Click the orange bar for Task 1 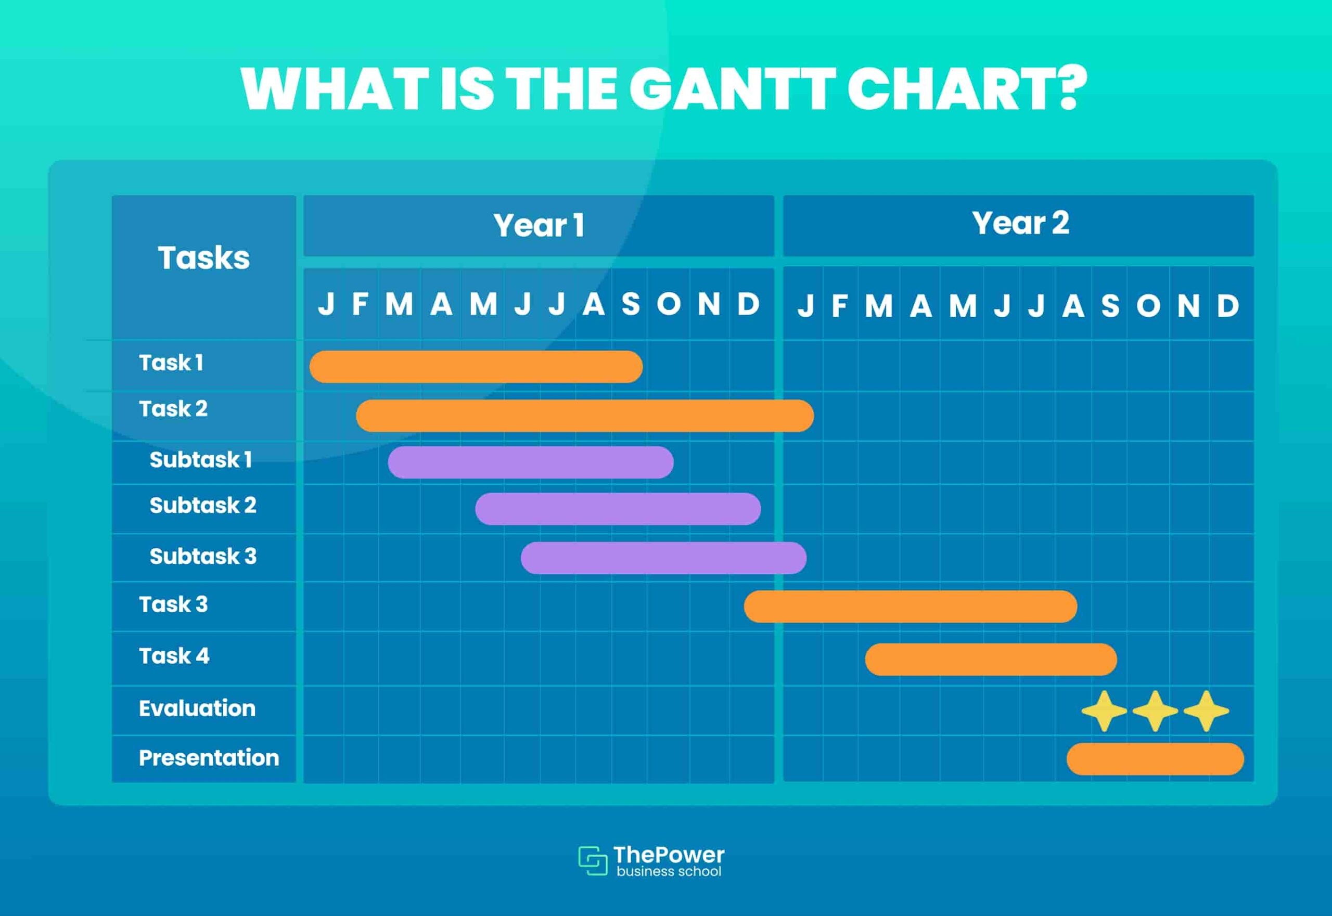pyautogui.click(x=476, y=367)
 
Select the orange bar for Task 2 pyautogui.click(x=584, y=416)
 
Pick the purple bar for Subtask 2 pyautogui.click(x=618, y=509)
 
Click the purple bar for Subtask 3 pyautogui.click(x=663, y=558)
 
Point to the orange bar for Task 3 pyautogui.click(x=910, y=606)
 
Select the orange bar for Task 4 pyautogui.click(x=990, y=660)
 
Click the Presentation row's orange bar pyautogui.click(x=1155, y=759)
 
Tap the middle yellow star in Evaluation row pyautogui.click(x=1155, y=711)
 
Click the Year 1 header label pyautogui.click(x=539, y=225)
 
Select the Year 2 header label pyautogui.click(x=1020, y=223)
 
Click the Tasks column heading pyautogui.click(x=204, y=257)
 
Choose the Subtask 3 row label pyautogui.click(x=203, y=556)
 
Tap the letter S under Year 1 pyautogui.click(x=631, y=304)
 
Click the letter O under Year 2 pyautogui.click(x=1148, y=306)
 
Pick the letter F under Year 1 pyautogui.click(x=360, y=304)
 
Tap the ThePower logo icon pyautogui.click(x=593, y=860)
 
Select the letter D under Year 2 pyautogui.click(x=1227, y=306)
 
